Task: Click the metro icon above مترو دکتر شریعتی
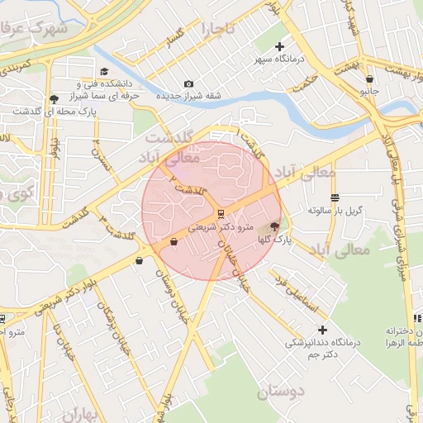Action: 220,213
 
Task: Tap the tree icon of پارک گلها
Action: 274,225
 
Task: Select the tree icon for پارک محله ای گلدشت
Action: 54,98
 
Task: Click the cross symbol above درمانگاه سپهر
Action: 279,46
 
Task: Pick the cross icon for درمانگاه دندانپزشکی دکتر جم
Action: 322,330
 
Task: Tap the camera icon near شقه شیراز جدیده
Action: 188,84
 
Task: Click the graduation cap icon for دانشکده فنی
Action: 104,72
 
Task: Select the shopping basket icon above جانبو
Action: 368,79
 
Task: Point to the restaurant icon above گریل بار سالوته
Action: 335,197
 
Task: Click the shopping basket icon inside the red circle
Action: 173,242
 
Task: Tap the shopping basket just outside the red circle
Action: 138,261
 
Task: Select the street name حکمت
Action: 305,82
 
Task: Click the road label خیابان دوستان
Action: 173,298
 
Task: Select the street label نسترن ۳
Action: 100,152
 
